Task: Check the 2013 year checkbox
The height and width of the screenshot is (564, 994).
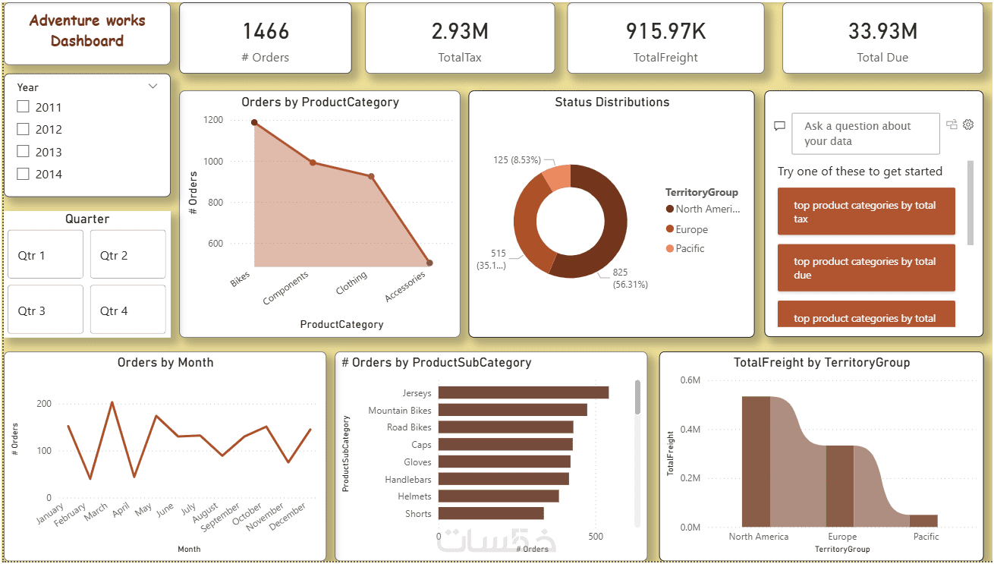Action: (23, 152)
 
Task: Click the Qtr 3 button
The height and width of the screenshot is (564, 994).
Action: (45, 310)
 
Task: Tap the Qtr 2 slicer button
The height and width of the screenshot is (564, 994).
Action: (127, 255)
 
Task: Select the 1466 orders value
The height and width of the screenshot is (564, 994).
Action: (266, 31)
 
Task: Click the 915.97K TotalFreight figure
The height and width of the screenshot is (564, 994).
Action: (665, 31)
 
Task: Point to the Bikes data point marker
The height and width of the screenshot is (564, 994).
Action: (254, 122)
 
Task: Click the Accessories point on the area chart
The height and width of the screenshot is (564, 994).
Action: (429, 263)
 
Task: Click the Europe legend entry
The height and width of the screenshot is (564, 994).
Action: (691, 229)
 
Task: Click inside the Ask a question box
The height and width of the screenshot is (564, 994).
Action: (865, 134)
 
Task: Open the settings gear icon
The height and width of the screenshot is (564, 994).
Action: (968, 124)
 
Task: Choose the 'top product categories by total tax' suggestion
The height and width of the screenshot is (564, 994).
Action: (866, 212)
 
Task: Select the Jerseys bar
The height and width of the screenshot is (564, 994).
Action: (523, 392)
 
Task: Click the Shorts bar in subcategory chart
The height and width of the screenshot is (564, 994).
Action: (490, 513)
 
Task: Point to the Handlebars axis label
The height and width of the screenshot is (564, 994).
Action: (407, 479)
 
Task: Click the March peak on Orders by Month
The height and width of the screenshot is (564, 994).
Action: (112, 402)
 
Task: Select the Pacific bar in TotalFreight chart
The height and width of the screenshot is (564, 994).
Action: (923, 521)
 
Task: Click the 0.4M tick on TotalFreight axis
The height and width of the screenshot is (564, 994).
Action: (690, 429)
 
